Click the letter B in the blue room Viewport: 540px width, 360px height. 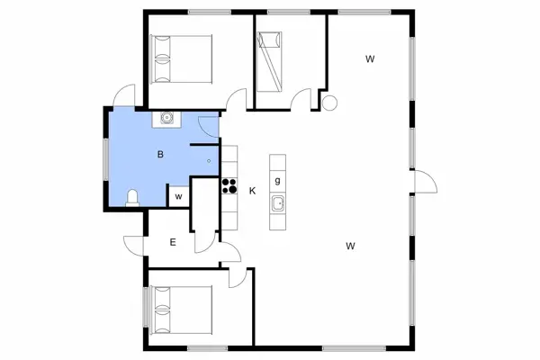[x=160, y=155]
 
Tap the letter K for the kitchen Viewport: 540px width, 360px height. [x=253, y=190]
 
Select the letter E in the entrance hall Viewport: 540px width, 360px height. [x=173, y=241]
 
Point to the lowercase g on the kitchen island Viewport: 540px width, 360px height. [x=278, y=180]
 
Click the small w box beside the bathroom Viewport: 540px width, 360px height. [x=179, y=196]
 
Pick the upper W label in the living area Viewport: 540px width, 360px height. [x=369, y=59]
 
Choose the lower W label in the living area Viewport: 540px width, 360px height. [x=352, y=245]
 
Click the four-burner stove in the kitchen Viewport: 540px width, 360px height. [x=229, y=187]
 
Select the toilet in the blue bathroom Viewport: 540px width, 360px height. [x=133, y=197]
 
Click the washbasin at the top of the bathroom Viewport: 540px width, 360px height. [x=166, y=117]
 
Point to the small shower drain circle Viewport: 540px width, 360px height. [x=209, y=161]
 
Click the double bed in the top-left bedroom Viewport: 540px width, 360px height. [x=182, y=58]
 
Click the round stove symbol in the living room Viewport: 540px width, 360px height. [x=328, y=103]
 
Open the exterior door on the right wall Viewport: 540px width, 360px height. [x=423, y=182]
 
